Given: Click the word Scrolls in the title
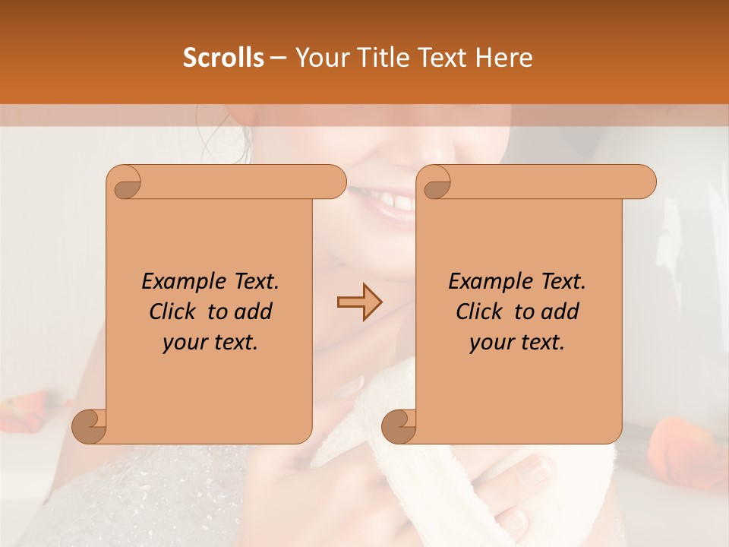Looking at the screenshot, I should [223, 58].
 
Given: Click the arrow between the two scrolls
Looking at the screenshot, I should [359, 302].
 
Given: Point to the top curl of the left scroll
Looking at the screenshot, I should [125, 182].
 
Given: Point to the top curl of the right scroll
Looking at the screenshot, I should [434, 182].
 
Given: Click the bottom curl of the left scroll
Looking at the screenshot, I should [90, 425].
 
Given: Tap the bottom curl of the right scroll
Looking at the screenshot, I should [399, 425].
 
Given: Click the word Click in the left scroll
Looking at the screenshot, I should [174, 311].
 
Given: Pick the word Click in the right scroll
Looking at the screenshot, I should [481, 311].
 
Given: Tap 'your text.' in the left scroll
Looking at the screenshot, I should [210, 343].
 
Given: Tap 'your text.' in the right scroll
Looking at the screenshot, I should [517, 343].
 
